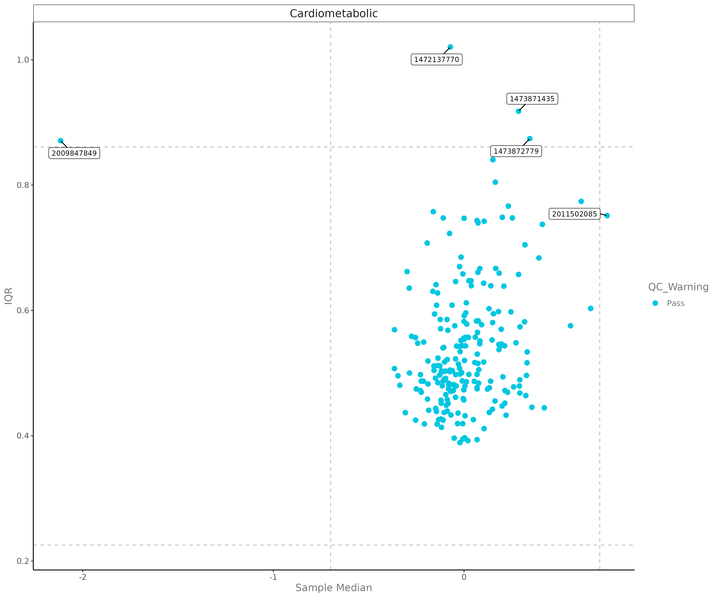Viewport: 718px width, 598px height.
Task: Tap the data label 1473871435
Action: [532, 99]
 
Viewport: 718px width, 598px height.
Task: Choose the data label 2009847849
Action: [74, 153]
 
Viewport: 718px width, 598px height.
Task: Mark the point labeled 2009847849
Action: [60, 141]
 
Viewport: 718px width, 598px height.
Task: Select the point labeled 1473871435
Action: [518, 111]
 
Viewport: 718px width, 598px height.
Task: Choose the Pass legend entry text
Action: [675, 303]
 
